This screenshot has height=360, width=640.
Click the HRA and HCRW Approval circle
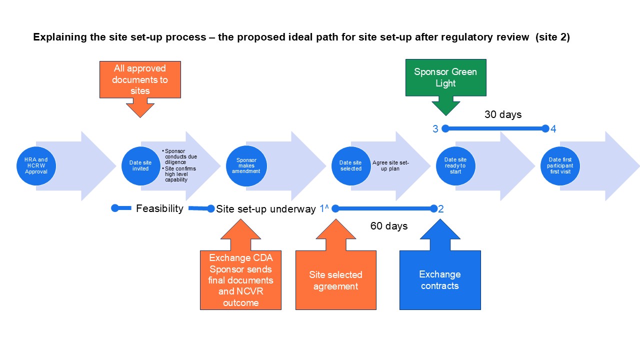click(35, 166)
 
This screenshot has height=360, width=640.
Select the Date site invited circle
click(140, 166)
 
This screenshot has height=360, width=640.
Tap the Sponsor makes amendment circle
click(246, 166)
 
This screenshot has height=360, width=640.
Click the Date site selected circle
click(350, 166)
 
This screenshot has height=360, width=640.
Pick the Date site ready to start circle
click(455, 166)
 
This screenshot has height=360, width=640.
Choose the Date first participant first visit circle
click(560, 166)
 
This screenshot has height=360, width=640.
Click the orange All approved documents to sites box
click(140, 79)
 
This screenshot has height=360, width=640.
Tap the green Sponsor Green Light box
click(445, 77)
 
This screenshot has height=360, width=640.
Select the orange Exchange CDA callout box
click(240, 280)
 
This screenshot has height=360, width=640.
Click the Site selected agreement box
click(336, 280)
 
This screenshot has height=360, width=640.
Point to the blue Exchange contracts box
click(440, 280)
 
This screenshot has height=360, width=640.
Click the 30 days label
click(502, 114)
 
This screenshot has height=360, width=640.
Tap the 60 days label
click(389, 226)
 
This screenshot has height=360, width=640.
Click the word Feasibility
click(159, 208)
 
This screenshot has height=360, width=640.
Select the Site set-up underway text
click(266, 209)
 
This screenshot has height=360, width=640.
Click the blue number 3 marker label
click(435, 129)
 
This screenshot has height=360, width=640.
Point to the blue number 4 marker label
click(553, 129)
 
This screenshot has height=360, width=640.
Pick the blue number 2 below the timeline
click(441, 208)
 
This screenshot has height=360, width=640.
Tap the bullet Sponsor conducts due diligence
click(180, 156)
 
